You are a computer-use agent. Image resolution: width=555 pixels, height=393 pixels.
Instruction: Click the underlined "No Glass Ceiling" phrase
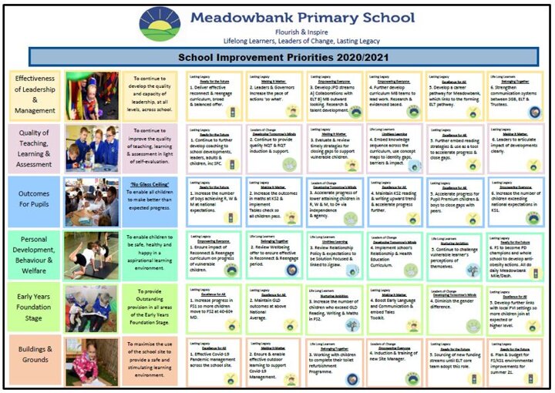click(x=150, y=185)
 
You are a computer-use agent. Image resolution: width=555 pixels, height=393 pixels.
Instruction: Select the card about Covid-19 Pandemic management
click(x=215, y=360)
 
